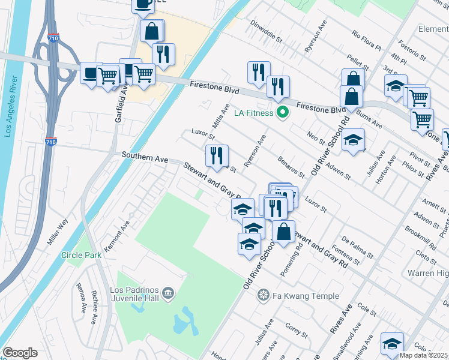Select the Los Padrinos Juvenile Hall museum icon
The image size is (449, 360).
pos(167,293)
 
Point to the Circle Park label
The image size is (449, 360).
pos(81,255)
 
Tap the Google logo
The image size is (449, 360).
pos(20,353)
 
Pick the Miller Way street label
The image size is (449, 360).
pos(58,231)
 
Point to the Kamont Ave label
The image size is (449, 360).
pos(117,235)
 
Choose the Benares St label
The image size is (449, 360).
pos(292,167)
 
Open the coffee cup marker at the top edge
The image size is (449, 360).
pos(143,4)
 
